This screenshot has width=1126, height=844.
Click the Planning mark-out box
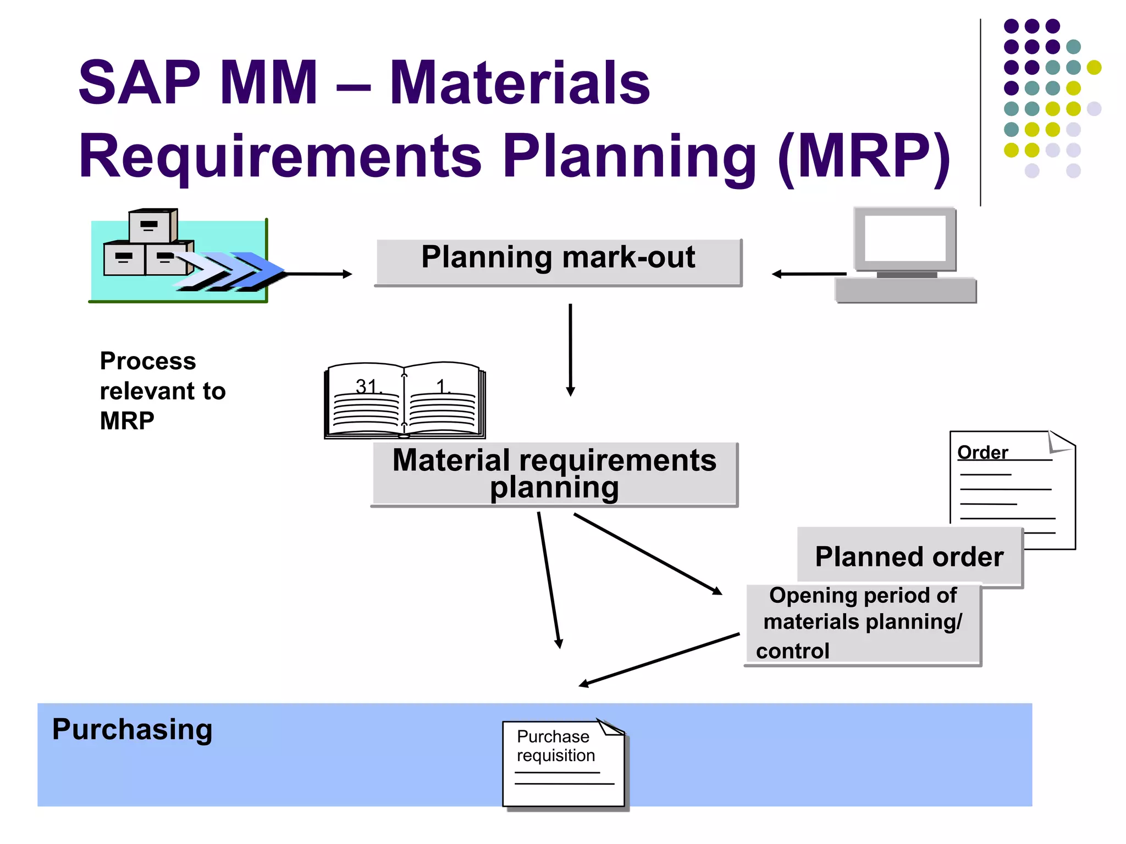coord(558,262)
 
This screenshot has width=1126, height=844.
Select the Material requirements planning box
coord(554,474)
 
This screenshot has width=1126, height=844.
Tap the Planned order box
coord(909,556)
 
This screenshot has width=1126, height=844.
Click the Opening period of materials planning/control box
coord(862,624)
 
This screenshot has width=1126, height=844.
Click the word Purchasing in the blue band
coord(132,730)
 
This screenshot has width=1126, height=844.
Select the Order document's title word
coord(983,452)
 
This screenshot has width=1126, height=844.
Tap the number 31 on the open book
coord(366,386)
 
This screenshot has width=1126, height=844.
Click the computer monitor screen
coord(905,238)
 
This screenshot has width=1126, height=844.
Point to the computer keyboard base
coord(906,290)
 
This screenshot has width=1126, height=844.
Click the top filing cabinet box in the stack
coord(151,226)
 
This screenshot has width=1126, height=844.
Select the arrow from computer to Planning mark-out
coord(808,274)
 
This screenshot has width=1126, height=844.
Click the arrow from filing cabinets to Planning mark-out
coord(319,274)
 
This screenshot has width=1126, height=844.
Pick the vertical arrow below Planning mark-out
coord(570,349)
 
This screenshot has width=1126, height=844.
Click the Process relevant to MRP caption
coord(162,391)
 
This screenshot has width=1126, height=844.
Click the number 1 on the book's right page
coord(441,386)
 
